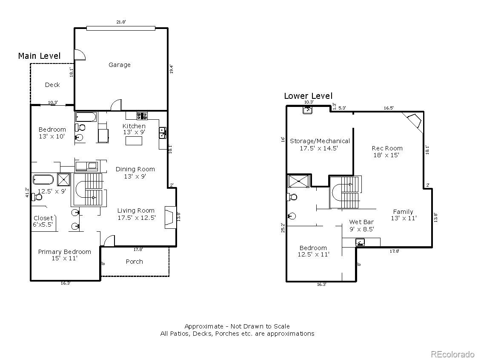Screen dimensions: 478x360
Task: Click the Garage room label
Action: pyautogui.click(x=120, y=65)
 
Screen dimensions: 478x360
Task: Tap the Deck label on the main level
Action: pyautogui.click(x=52, y=85)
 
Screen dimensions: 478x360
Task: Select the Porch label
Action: pyautogui.click(x=135, y=262)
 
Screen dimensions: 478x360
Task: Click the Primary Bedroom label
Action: pyautogui.click(x=65, y=252)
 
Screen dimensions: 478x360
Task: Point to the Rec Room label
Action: pyautogui.click(x=387, y=148)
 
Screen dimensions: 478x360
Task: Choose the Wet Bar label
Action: pyautogui.click(x=361, y=222)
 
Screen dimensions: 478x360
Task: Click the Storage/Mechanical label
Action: pyautogui.click(x=320, y=141)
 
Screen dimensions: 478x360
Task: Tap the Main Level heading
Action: pyautogui.click(x=39, y=56)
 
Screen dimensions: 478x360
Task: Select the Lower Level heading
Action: pyautogui.click(x=308, y=96)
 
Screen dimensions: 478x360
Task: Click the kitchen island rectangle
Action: pyautogui.click(x=134, y=141)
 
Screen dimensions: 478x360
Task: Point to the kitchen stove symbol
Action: pyautogui.click(x=142, y=115)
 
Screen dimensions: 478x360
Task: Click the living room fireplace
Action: pyautogui.click(x=169, y=218)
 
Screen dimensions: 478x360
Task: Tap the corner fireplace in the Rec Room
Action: pyautogui.click(x=413, y=121)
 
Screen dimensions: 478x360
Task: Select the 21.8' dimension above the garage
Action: pyautogui.click(x=121, y=22)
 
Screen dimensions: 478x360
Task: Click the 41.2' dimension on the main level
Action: pyautogui.click(x=27, y=192)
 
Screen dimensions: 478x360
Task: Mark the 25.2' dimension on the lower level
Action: pyautogui.click(x=283, y=228)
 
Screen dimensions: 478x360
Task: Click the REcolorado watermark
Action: pyautogui.click(x=452, y=354)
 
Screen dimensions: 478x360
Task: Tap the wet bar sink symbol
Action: pyautogui.click(x=360, y=242)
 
